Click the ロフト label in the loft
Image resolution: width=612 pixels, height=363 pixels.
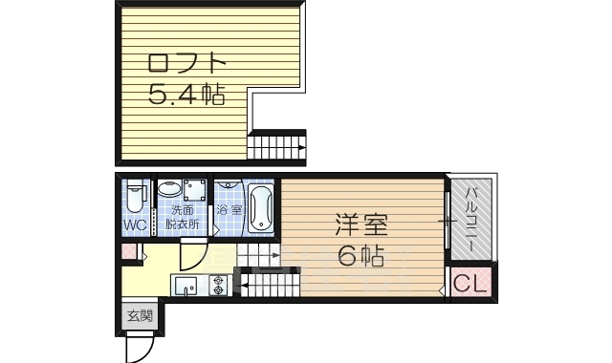[x=186, y=64]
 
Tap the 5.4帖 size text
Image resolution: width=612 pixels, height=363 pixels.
[x=186, y=95]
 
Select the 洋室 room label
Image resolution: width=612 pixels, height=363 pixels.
[x=361, y=224]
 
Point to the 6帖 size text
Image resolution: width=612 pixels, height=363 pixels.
[x=361, y=255]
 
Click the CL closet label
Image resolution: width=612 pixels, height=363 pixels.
[x=470, y=283]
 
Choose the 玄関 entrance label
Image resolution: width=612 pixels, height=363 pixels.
[x=141, y=316]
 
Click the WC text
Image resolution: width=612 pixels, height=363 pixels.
[x=135, y=225]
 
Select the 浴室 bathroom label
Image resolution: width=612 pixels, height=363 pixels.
[x=229, y=210]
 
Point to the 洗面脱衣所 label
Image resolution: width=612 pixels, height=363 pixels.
[x=183, y=217]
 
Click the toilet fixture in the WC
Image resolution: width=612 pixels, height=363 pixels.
[x=135, y=197]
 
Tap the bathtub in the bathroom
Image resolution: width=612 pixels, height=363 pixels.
[x=260, y=208]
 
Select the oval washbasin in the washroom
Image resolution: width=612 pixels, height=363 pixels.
[x=169, y=189]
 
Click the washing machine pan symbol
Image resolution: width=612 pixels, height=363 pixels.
[x=195, y=189]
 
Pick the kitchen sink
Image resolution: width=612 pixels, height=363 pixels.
[x=186, y=287]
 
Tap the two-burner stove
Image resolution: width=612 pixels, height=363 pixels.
[x=218, y=286]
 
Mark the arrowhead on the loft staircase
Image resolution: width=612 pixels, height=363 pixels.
[x=302, y=148]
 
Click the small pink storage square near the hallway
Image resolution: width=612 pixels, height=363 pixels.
[x=129, y=251]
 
